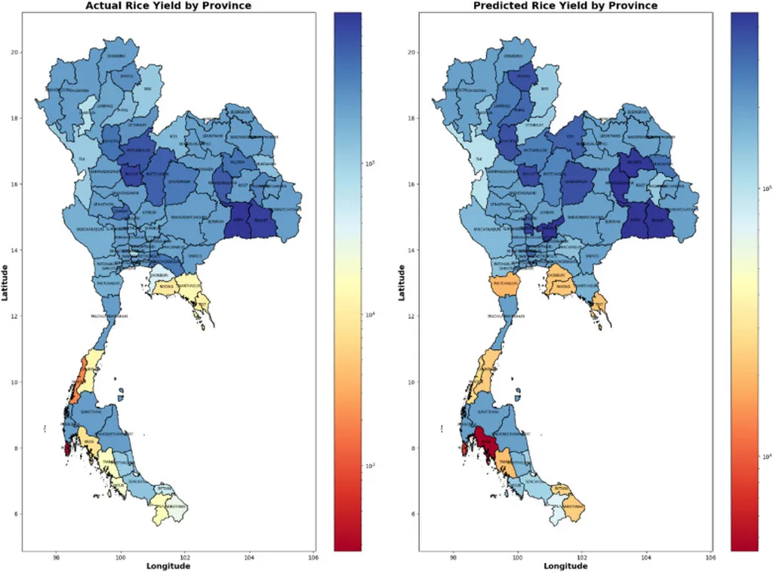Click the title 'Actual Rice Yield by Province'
tap(168, 6)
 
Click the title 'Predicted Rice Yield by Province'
tap(565, 6)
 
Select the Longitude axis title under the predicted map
tap(565, 566)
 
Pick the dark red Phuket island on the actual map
tap(67, 449)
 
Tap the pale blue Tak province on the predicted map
tap(478, 159)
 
